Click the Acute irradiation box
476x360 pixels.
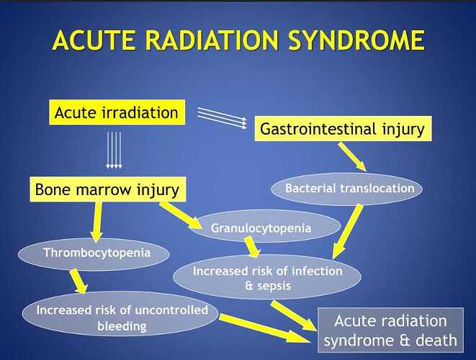click(x=115, y=112)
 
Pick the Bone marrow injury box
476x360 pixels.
click(x=106, y=190)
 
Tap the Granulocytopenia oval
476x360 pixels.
click(x=261, y=228)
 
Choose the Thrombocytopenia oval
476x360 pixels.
click(x=96, y=253)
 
